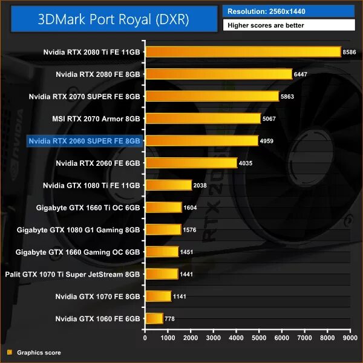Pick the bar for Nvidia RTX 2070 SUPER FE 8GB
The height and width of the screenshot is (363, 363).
tap(212, 96)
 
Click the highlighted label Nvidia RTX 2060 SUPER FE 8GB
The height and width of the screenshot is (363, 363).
tap(85, 141)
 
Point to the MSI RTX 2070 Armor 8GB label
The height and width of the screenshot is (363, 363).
tap(97, 119)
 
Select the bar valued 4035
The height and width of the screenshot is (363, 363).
tap(191, 163)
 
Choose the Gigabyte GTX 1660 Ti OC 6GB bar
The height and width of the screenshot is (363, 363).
tap(163, 208)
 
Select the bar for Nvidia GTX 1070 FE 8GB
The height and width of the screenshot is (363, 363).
tap(158, 296)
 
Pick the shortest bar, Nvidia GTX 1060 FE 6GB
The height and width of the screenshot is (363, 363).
tap(154, 318)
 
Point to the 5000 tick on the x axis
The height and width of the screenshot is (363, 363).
tap(259, 338)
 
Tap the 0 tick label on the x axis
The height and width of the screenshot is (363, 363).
tap(145, 338)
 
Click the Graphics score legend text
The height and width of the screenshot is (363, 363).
tap(39, 352)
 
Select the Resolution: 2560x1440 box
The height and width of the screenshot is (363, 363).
tap(289, 11)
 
